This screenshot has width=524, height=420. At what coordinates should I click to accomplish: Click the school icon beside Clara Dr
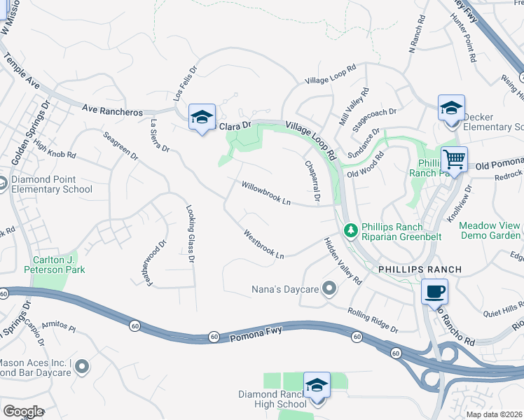pos(202,118)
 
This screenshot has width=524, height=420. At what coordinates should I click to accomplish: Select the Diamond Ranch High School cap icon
pos(317,386)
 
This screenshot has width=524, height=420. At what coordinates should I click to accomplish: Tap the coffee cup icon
pos(435,290)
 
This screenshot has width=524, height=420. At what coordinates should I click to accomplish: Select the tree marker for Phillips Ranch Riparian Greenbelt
pos(350,229)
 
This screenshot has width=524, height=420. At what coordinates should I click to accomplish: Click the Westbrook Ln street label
pos(264,245)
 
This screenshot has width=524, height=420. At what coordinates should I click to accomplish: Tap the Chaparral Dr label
pos(312,181)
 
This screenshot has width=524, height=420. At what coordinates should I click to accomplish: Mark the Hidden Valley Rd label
pos(342,260)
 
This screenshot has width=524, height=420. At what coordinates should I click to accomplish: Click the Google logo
pos(23,412)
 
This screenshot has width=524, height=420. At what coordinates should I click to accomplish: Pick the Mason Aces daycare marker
pos(82,366)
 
